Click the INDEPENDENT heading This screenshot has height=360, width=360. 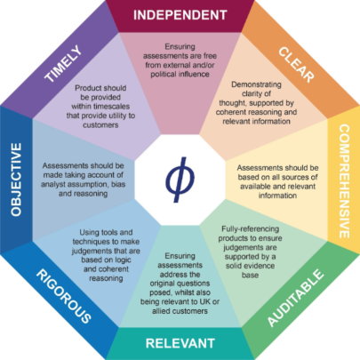180,15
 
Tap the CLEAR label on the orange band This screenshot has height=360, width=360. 296,65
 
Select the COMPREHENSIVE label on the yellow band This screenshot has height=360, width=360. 344,181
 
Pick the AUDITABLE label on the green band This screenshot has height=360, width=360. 295,298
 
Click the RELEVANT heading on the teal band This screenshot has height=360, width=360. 180,343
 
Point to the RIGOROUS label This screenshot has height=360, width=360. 64,296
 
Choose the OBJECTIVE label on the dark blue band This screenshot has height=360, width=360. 16,180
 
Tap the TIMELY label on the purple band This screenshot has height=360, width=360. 63,63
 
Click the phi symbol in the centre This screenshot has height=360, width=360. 180,180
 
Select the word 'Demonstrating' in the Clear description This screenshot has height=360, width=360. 256,84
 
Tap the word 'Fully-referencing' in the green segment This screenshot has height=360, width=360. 251,229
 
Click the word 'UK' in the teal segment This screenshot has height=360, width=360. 207,301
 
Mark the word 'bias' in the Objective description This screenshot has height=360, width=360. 118,184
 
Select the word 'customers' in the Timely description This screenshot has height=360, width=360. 100,125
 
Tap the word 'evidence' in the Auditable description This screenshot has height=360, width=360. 260,266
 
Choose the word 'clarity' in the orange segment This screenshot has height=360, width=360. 252,93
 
